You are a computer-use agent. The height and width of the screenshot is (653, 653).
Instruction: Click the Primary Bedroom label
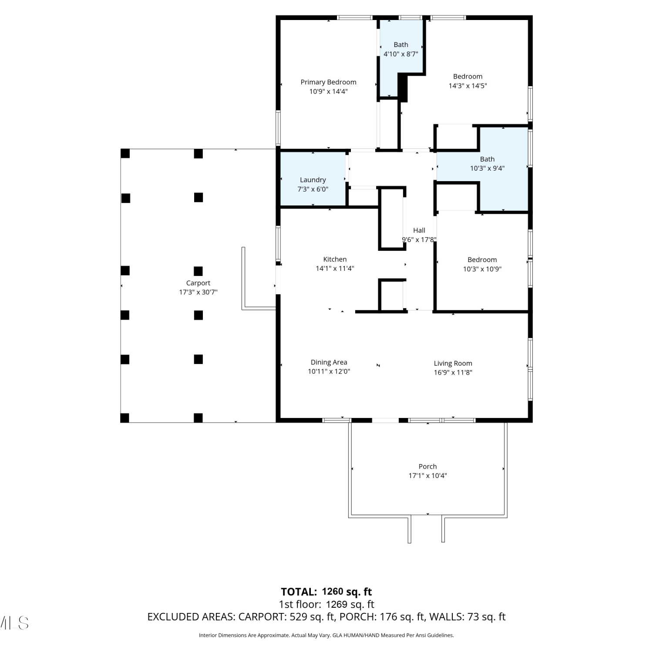(328, 82)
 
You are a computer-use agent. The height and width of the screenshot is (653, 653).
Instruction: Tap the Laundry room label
(313, 180)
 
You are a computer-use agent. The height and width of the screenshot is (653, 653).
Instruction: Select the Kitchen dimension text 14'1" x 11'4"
(335, 269)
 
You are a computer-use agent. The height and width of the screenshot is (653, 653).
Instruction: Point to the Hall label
(419, 230)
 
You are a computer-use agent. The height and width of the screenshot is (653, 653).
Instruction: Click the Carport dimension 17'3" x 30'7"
(198, 292)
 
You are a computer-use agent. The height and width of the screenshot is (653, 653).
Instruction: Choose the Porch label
(427, 466)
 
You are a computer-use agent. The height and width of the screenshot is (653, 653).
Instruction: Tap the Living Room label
(453, 363)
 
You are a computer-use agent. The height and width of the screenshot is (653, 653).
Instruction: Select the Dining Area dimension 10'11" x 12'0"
(329, 371)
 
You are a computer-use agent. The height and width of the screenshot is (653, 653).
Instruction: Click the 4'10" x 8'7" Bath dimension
(401, 54)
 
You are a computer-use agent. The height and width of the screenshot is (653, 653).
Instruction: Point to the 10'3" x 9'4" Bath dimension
(487, 168)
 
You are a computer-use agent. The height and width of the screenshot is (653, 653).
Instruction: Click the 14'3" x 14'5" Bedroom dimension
(468, 86)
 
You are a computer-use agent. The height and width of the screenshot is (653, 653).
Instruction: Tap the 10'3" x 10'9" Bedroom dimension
(482, 269)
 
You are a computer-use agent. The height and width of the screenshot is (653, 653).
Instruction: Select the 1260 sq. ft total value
(347, 592)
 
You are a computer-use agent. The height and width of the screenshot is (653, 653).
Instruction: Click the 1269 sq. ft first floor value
(350, 604)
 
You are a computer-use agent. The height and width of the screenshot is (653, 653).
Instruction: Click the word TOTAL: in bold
(299, 592)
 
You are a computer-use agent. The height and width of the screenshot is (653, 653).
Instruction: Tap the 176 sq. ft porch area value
(402, 617)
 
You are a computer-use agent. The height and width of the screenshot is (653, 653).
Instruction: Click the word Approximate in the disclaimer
(275, 636)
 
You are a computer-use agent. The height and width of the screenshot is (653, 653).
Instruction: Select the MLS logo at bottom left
(14, 623)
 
